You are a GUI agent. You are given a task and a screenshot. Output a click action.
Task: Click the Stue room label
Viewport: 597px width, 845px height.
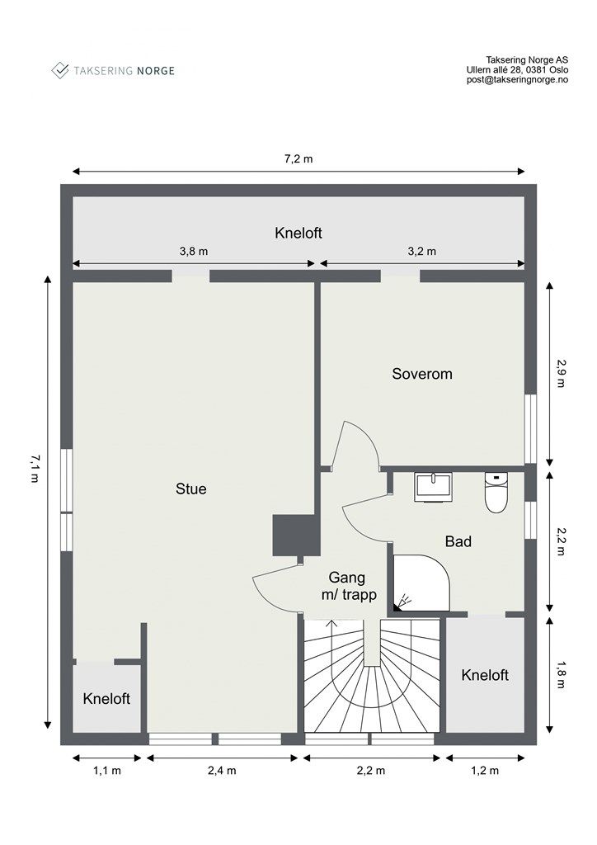pos(191,489)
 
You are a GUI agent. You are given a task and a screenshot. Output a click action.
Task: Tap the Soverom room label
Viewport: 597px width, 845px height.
pos(422,374)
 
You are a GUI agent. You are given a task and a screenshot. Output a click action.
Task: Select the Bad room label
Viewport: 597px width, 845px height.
pos(458,541)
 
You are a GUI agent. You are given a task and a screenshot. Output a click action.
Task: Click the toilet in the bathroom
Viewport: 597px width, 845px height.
pos(496,493)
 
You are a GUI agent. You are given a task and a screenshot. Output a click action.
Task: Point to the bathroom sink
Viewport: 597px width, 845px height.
pos(433,487)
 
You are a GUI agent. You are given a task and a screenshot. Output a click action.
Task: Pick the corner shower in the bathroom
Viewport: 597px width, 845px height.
pos(421,583)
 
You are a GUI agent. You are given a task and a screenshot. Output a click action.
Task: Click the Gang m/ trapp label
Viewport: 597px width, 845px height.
pos(348,587)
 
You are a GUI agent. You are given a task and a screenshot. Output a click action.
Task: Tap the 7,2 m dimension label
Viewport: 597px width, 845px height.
pos(298,159)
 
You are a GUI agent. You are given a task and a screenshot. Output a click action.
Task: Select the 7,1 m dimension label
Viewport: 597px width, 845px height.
pos(35,468)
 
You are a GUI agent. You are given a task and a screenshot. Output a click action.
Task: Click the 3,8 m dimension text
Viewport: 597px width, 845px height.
pos(194,251)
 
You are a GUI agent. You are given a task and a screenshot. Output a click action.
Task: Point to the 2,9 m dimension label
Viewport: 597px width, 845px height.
pos(561,374)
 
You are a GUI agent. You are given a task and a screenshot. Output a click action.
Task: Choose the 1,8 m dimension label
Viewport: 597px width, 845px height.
pos(561,674)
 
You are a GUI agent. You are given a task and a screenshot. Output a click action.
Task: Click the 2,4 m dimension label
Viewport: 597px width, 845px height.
pos(222,771)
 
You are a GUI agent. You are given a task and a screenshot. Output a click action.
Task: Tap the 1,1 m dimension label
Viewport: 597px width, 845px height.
pos(107,771)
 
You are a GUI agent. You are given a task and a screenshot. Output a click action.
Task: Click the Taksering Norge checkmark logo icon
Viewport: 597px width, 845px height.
pos(59,70)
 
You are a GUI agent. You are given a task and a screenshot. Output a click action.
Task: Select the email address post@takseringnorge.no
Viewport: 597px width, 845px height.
pos(517,80)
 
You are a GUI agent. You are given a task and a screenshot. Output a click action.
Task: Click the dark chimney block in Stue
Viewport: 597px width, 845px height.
pos(294,535)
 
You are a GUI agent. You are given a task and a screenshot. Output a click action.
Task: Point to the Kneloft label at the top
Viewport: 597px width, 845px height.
pos(298,233)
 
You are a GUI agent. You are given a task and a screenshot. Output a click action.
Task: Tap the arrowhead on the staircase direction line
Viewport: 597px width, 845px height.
pos(331,625)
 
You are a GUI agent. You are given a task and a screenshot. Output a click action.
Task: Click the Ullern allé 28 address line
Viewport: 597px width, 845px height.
pos(517,70)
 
